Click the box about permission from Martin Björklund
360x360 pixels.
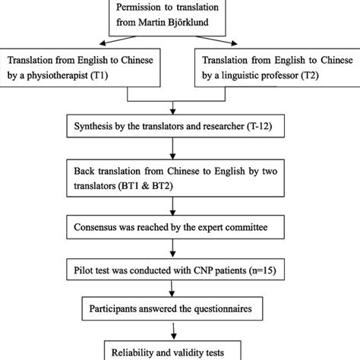[179, 14]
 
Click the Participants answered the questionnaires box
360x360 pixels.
[180, 310]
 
